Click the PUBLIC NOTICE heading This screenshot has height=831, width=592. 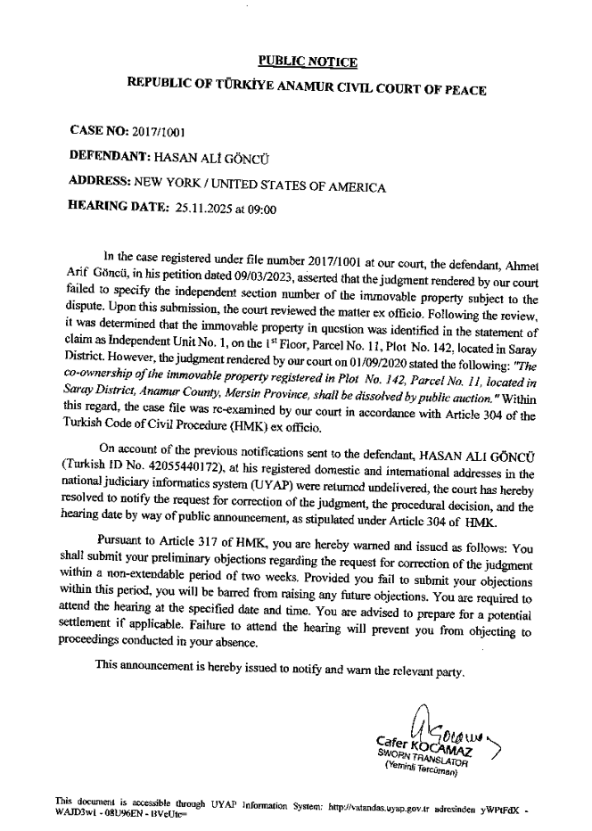coord(308,62)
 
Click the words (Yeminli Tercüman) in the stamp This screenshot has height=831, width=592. coord(421,769)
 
